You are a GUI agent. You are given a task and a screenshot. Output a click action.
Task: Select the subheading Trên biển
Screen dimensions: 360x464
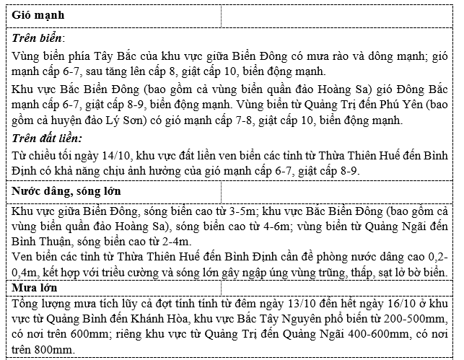(x=38, y=38)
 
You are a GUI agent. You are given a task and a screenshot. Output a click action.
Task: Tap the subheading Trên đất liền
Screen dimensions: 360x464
(x=47, y=137)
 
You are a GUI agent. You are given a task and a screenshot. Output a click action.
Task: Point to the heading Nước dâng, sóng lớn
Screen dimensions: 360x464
(x=66, y=191)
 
